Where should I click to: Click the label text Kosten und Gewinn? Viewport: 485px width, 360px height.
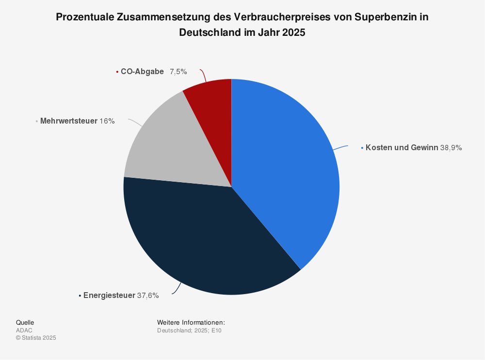pyautogui.click(x=402, y=148)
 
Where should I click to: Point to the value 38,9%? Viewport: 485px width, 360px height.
pyautogui.click(x=451, y=148)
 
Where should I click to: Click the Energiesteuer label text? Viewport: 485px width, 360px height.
pyautogui.click(x=109, y=295)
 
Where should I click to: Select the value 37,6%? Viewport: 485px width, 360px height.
pyautogui.click(x=148, y=295)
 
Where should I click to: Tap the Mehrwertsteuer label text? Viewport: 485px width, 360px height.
pyautogui.click(x=69, y=121)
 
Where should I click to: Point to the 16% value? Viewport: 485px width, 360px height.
pyautogui.click(x=107, y=121)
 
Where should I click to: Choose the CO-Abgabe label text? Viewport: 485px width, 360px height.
pyautogui.click(x=142, y=72)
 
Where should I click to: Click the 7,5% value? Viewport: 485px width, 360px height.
pyautogui.click(x=178, y=72)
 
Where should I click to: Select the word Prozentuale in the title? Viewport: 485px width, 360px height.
pyautogui.click(x=85, y=17)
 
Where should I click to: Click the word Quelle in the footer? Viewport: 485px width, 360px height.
pyautogui.click(x=25, y=322)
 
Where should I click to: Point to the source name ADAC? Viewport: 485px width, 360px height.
pyautogui.click(x=24, y=330)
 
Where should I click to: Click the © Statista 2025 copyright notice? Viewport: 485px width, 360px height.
pyautogui.click(x=36, y=338)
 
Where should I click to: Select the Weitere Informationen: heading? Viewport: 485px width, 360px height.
pyautogui.click(x=191, y=322)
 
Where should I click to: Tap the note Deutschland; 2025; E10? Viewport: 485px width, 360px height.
pyautogui.click(x=190, y=330)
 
